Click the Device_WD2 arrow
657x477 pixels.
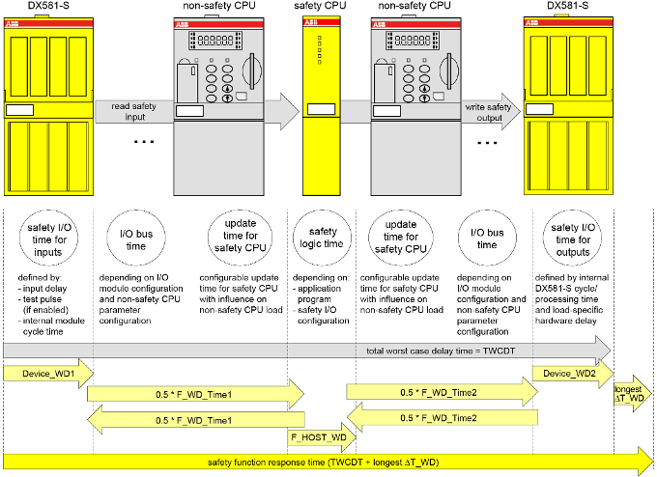point(571,373)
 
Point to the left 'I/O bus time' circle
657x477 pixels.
point(137,238)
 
